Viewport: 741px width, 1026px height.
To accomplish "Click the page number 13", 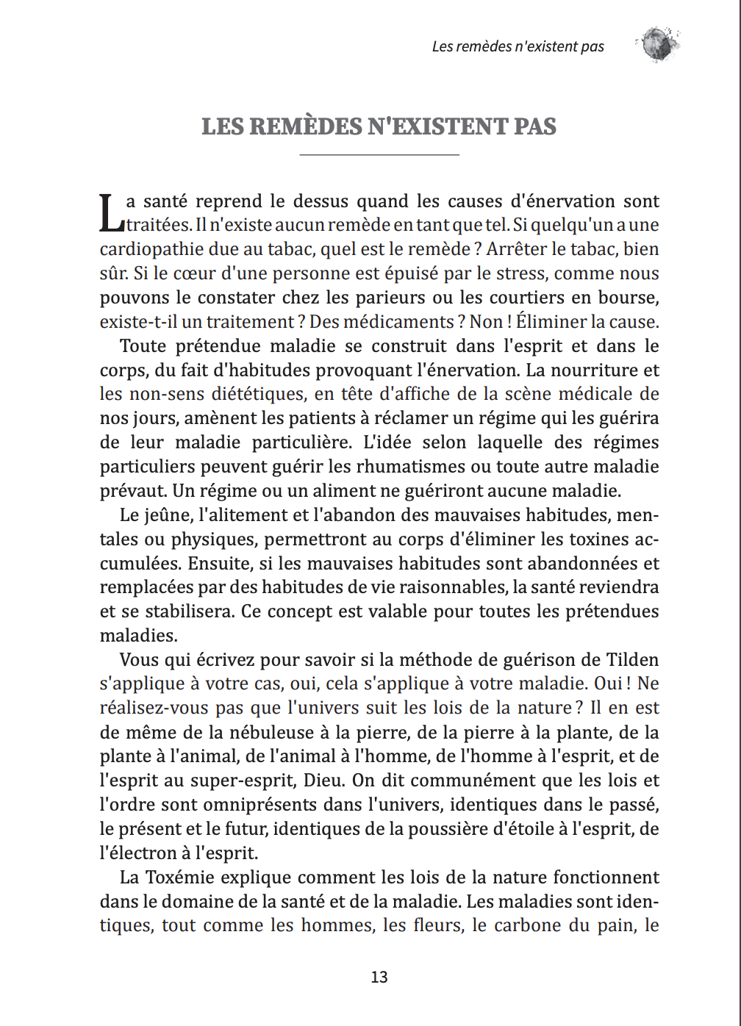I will coord(379,977).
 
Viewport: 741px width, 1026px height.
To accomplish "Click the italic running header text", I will coord(518,46).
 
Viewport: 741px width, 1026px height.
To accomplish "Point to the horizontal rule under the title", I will coord(379,155).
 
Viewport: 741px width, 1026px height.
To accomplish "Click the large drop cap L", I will coord(110,212).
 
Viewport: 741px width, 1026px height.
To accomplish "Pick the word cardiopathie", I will coord(149,249).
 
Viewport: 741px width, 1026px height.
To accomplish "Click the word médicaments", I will coord(382,322).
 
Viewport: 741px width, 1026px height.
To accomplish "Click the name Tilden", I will coord(632,660).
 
